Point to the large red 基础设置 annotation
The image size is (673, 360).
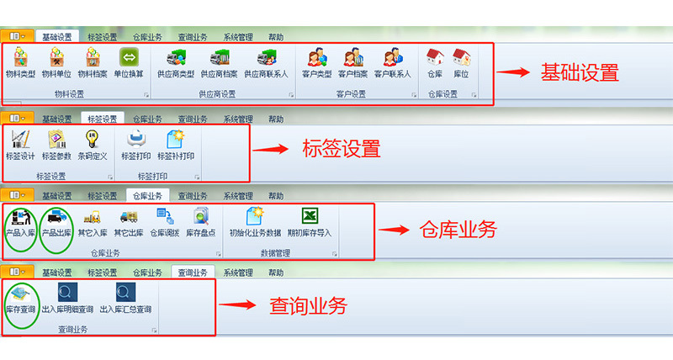click(580, 73)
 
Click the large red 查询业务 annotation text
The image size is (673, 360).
click(308, 306)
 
